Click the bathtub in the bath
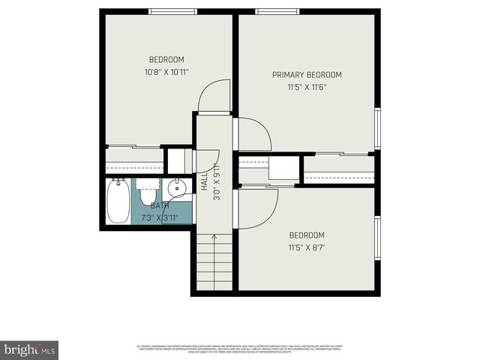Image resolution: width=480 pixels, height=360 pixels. (x=118, y=202)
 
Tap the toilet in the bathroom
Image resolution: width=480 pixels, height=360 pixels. (x=148, y=193)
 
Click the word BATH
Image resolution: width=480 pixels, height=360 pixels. (x=160, y=205)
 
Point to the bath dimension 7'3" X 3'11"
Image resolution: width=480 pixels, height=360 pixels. (x=160, y=218)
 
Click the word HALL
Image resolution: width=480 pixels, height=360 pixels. (x=204, y=181)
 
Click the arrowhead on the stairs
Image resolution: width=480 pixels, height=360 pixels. (x=214, y=238)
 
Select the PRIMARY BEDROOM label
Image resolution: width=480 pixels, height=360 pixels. (x=307, y=74)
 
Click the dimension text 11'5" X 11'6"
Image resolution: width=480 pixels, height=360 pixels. (x=307, y=87)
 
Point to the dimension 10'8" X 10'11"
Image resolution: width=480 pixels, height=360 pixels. (x=166, y=73)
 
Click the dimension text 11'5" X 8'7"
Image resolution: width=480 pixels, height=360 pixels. (x=307, y=247)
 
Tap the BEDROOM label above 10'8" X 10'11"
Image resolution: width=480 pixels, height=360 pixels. (x=166, y=60)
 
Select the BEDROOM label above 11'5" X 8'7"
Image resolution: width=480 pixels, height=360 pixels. (x=307, y=234)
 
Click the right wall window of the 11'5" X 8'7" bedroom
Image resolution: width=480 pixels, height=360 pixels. (x=377, y=238)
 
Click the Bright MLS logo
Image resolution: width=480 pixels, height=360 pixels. (x=30, y=349)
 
